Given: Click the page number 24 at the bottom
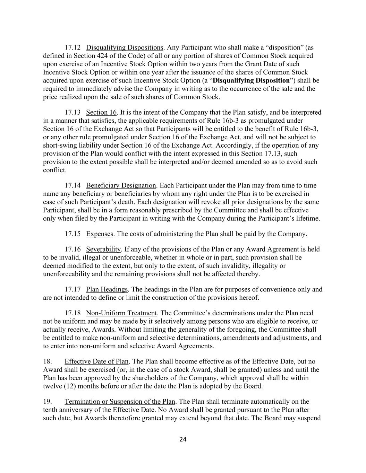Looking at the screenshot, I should coord(183,439).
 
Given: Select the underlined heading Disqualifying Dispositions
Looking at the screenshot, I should coord(125,47).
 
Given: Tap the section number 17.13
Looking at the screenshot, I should coord(73,112).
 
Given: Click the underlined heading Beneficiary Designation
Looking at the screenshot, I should coord(121,185).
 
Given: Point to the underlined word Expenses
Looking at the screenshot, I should coord(100,234).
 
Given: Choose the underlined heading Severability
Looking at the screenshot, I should coord(103,249).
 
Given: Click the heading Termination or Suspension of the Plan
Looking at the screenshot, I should coord(120,402).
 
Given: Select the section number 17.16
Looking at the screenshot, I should coord(73,249).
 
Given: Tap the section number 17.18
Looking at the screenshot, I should coord(73,313).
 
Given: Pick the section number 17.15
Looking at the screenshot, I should coord(73,234).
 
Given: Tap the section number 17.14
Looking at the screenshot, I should coord(73,185).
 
